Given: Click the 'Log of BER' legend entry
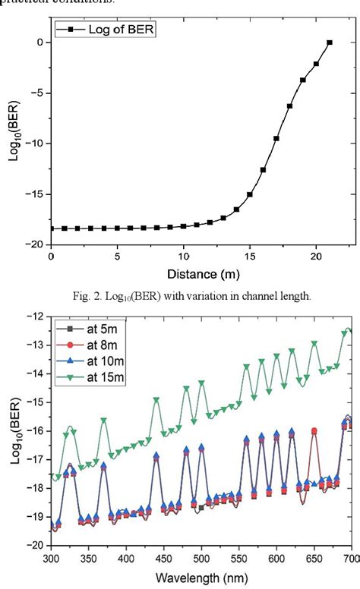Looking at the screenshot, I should coord(106,32).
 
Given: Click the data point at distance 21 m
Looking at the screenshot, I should coord(329,43).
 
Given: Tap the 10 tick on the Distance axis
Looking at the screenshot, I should coord(183,257).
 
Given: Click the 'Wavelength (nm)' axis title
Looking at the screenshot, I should coord(202,578).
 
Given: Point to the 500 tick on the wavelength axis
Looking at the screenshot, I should coord(201,558).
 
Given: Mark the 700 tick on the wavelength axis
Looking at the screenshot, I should coord(350,558).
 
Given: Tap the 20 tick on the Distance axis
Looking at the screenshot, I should coord(316,257).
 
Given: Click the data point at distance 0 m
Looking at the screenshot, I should coord(51,228).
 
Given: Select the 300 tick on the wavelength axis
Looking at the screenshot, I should coord(52,558).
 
